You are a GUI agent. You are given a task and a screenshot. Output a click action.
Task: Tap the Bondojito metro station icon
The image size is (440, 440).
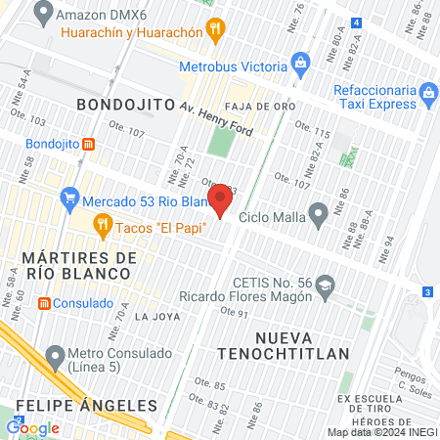[89, 144]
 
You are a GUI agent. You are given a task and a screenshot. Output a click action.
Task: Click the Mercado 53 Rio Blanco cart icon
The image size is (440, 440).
[68, 201]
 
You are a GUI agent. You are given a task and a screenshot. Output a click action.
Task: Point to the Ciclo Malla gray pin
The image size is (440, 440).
[318, 214]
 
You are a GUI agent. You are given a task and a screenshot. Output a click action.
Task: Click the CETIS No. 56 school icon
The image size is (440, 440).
[326, 286]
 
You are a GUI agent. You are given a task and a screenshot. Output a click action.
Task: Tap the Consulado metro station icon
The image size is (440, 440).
[44, 303]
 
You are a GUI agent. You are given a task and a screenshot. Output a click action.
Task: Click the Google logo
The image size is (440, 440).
[33, 427]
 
